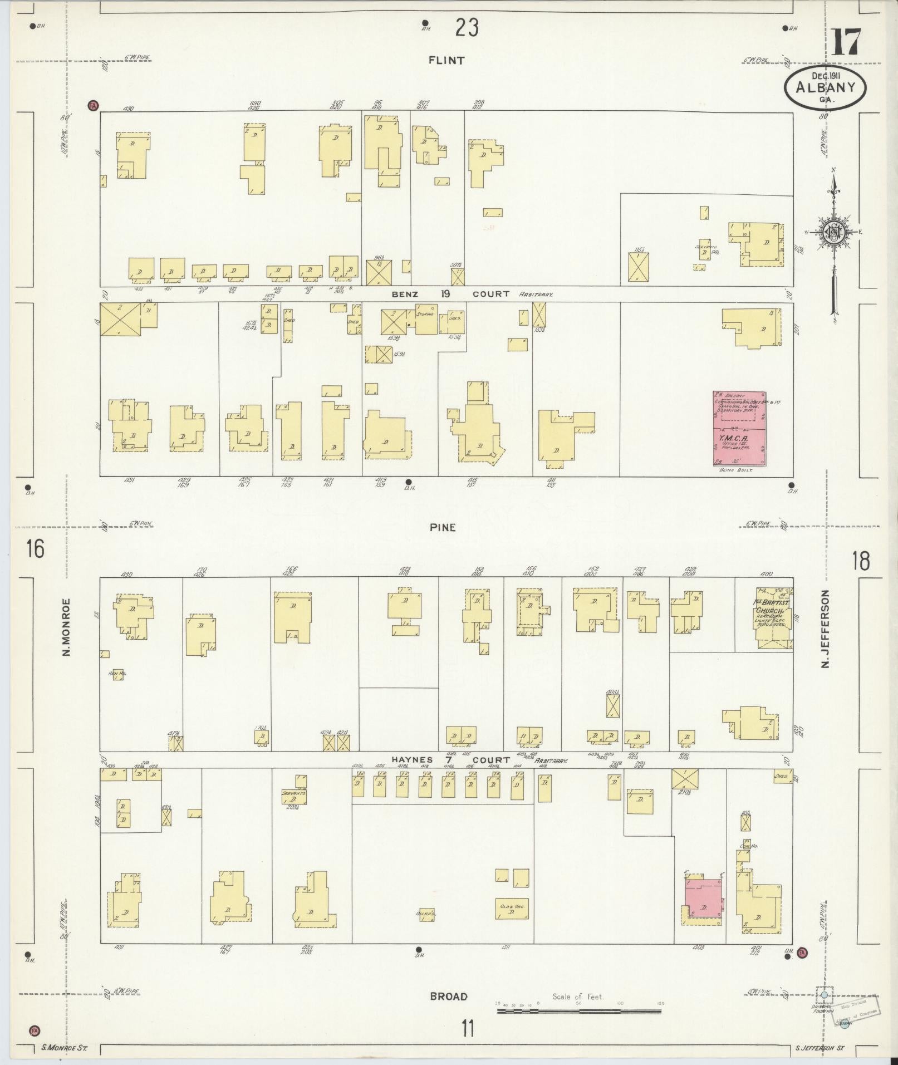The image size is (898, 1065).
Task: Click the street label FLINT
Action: pos(446,61)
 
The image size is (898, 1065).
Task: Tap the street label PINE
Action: pos(443,527)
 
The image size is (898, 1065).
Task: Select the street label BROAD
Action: pos(448,997)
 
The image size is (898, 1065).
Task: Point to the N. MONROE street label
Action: pos(67,627)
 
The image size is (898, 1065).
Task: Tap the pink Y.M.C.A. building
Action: pos(739,428)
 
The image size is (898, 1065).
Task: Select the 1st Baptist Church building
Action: pos(773,618)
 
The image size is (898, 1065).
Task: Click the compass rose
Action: pos(834,233)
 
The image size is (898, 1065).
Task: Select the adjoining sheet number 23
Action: pos(467,27)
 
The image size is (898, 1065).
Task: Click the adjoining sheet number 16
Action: pos(35,549)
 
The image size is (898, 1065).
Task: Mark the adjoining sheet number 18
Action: pos(860,561)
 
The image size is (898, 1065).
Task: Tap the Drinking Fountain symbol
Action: pos(824,995)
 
